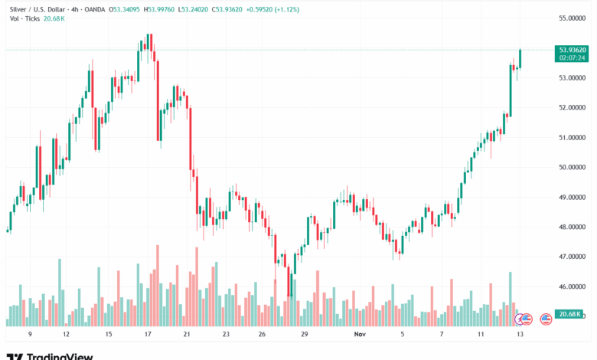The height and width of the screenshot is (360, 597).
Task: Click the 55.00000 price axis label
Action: tap(573, 18)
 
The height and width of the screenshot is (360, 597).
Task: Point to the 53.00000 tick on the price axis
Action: tap(573, 77)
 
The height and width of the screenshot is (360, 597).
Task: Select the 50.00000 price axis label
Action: tap(573, 167)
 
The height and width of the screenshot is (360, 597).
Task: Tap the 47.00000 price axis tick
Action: tap(573, 257)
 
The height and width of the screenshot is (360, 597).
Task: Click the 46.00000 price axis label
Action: tap(573, 287)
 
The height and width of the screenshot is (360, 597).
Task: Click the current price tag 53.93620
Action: tap(573, 50)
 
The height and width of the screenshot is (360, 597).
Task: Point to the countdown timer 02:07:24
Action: tap(573, 57)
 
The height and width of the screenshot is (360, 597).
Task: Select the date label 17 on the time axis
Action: tap(148, 335)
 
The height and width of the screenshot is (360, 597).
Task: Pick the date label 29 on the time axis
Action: tap(304, 335)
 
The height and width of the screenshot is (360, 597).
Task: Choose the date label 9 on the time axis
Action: tap(29, 335)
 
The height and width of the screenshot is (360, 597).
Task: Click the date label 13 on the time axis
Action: tap(520, 335)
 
